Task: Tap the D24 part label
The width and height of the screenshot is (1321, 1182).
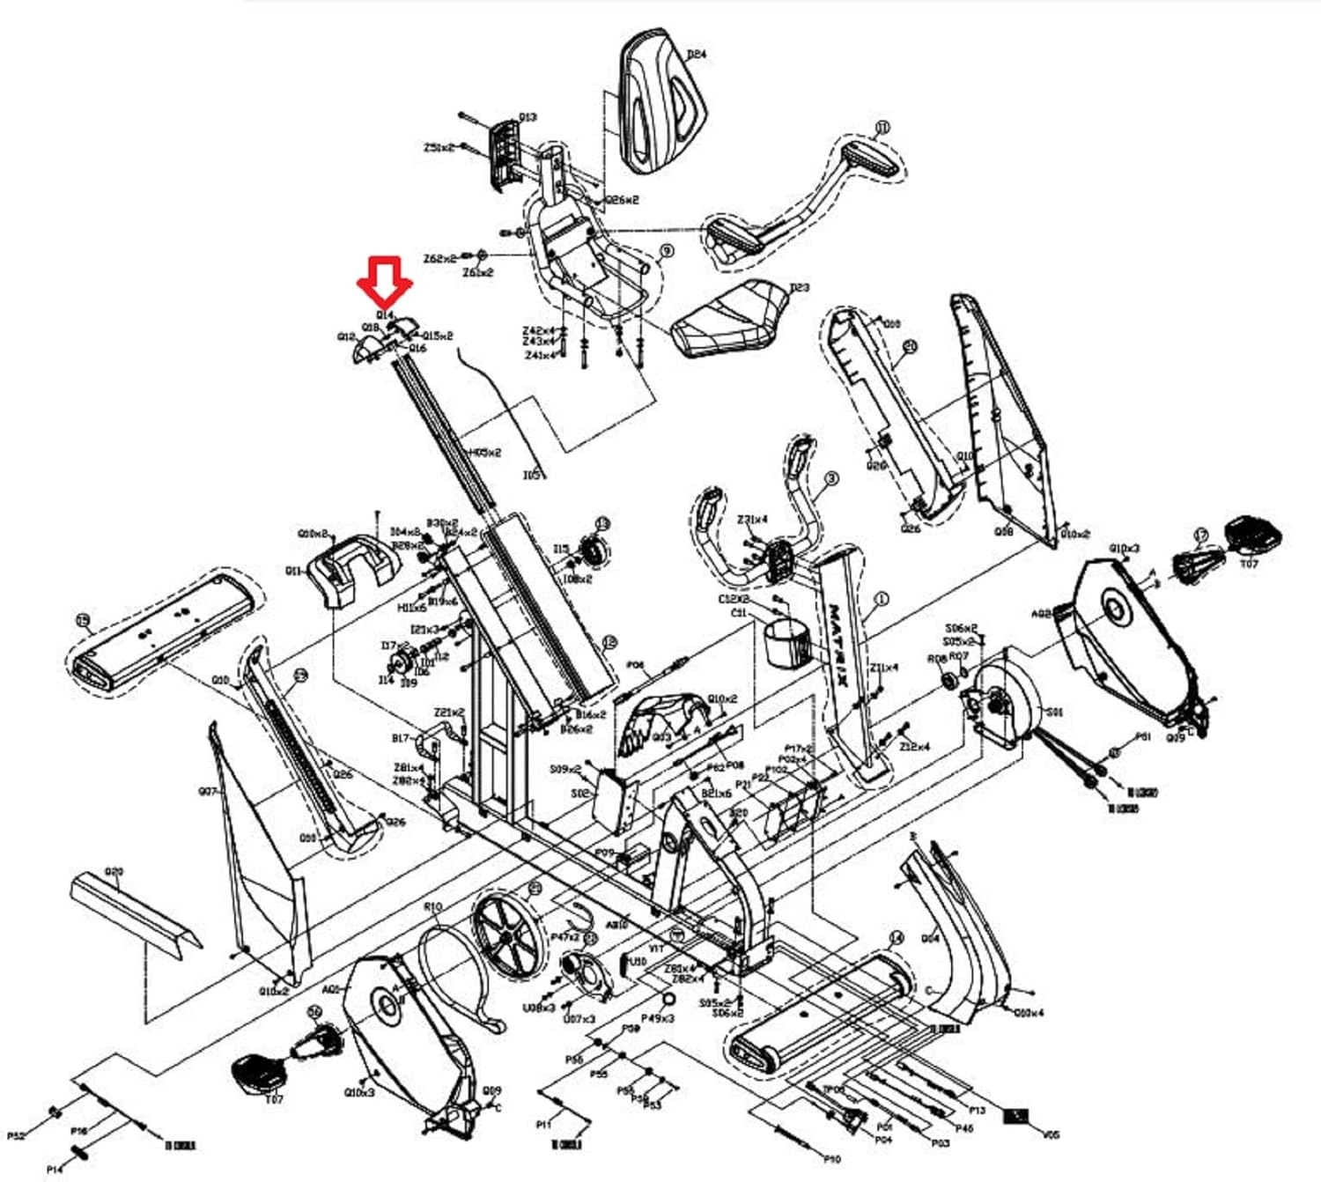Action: pyautogui.click(x=697, y=54)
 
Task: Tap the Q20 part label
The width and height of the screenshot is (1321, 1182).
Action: pyautogui.click(x=114, y=872)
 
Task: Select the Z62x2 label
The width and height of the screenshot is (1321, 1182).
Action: pyautogui.click(x=439, y=259)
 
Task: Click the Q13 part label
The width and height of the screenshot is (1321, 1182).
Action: pyautogui.click(x=528, y=117)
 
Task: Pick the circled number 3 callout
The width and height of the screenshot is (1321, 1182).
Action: pyautogui.click(x=831, y=478)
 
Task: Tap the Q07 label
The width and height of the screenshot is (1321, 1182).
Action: pyautogui.click(x=207, y=792)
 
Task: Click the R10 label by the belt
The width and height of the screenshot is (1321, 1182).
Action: pyautogui.click(x=433, y=906)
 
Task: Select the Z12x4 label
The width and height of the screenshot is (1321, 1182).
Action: pyautogui.click(x=914, y=747)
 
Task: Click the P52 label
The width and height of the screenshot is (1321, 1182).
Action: pyautogui.click(x=16, y=1136)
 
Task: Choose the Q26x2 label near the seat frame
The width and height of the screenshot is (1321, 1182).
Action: pyautogui.click(x=621, y=200)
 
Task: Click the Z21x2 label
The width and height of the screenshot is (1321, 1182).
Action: pyautogui.click(x=449, y=713)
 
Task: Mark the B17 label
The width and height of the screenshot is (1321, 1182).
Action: pyautogui.click(x=401, y=739)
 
